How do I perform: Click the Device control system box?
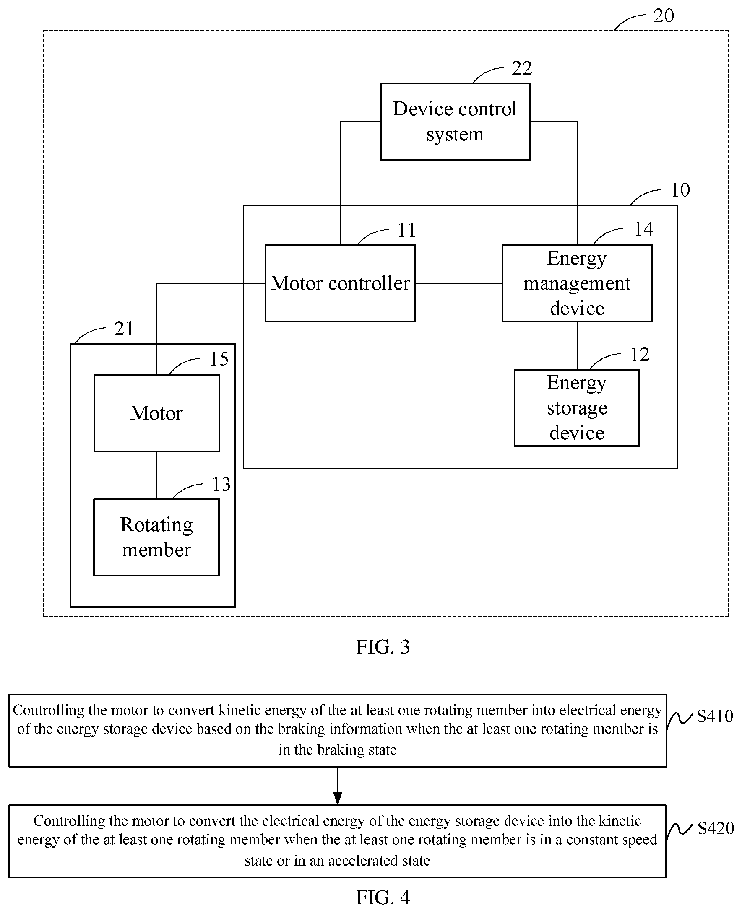click(x=455, y=122)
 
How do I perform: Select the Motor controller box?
click(x=340, y=283)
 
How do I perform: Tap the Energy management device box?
click(x=577, y=283)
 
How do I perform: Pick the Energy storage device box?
click(x=577, y=408)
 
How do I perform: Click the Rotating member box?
click(x=156, y=537)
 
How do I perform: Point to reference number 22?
click(x=522, y=68)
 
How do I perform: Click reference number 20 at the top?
click(x=664, y=16)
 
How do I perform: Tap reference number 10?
click(x=680, y=190)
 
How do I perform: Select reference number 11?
click(x=406, y=231)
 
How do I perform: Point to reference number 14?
click(x=643, y=229)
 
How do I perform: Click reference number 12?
click(x=640, y=355)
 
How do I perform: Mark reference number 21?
click(x=124, y=329)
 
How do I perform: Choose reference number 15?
click(x=219, y=359)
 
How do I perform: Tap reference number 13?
click(x=221, y=485)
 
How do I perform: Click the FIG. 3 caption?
click(x=383, y=647)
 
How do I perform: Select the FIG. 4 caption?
click(x=383, y=897)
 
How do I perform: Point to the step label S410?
click(x=715, y=716)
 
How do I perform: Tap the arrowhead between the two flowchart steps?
click(x=338, y=799)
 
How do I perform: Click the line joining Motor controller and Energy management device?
click(x=458, y=283)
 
